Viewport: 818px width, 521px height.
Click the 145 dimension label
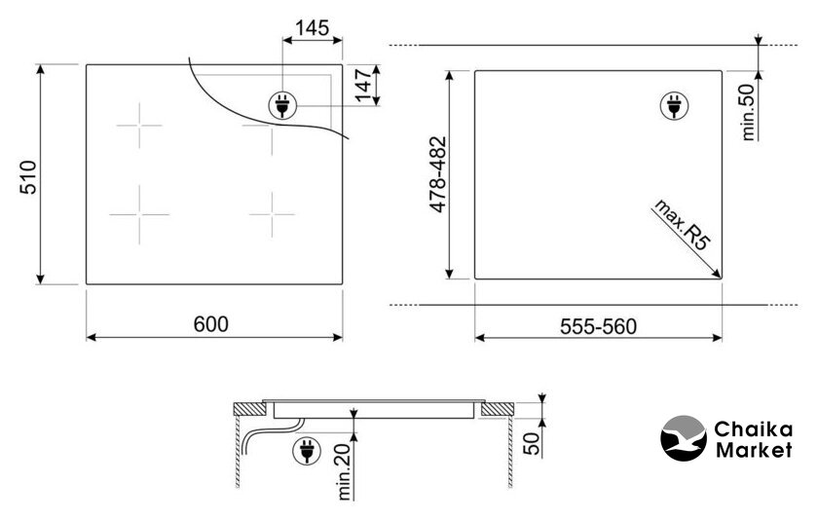tap(313, 27)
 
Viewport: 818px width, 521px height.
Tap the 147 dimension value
tap(362, 84)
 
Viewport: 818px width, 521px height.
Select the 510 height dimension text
tap(28, 177)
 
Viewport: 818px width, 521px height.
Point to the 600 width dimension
tap(210, 324)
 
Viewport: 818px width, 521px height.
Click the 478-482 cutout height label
tap(438, 174)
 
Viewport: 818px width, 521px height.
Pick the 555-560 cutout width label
tap(598, 326)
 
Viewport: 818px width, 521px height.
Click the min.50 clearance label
tap(748, 112)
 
